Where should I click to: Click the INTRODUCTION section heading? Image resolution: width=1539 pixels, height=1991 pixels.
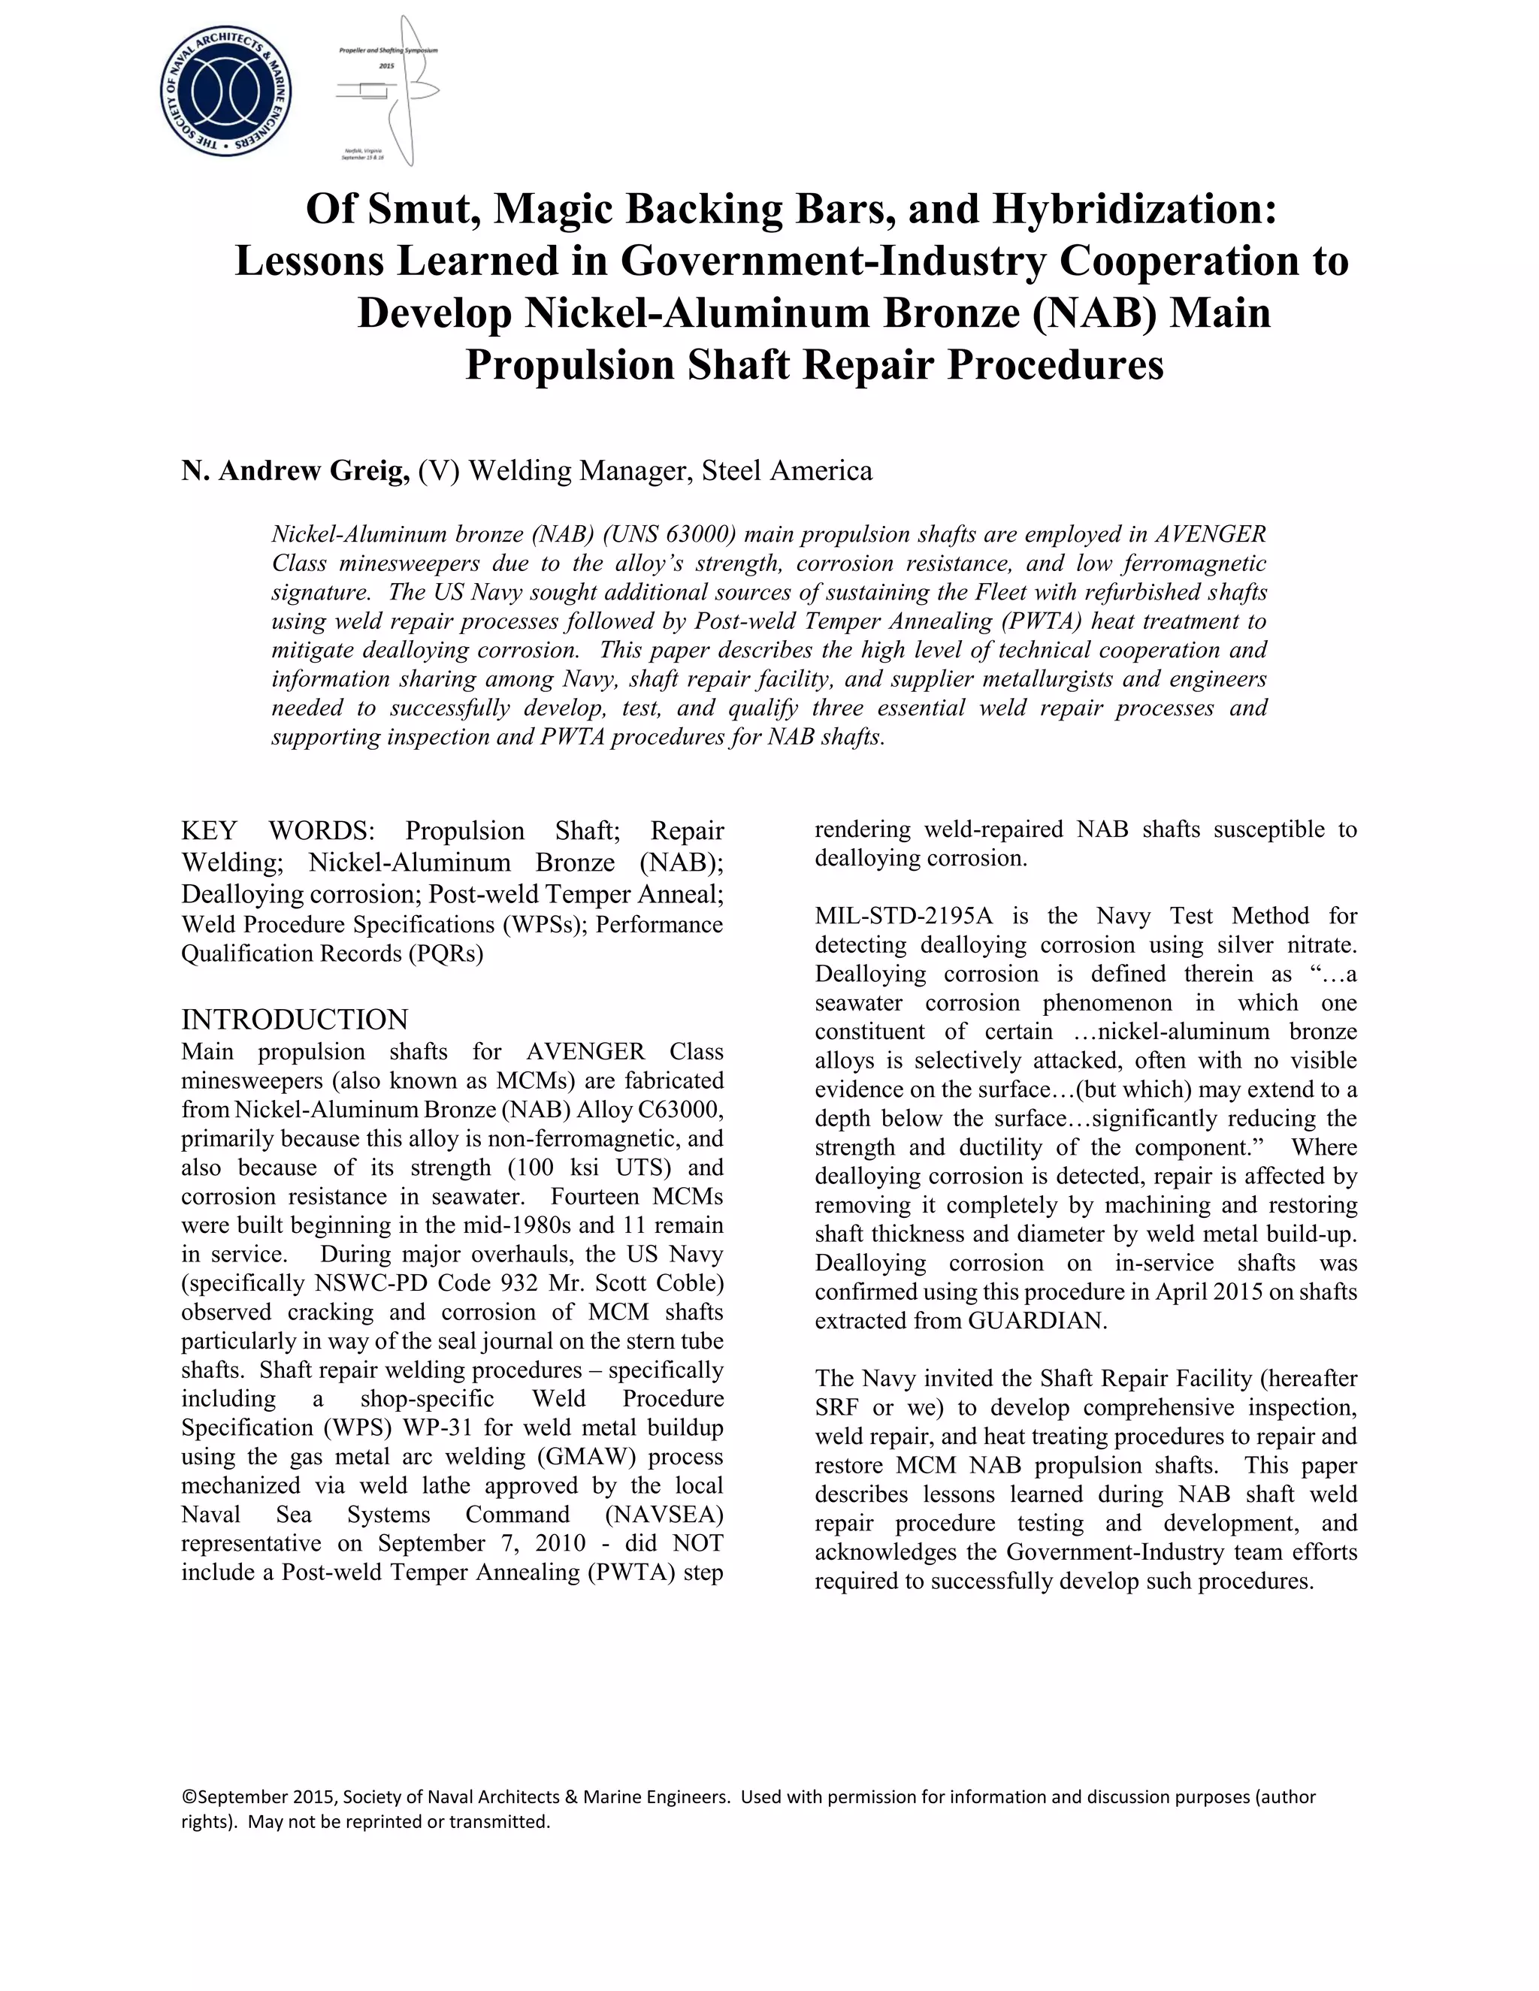295,1020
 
